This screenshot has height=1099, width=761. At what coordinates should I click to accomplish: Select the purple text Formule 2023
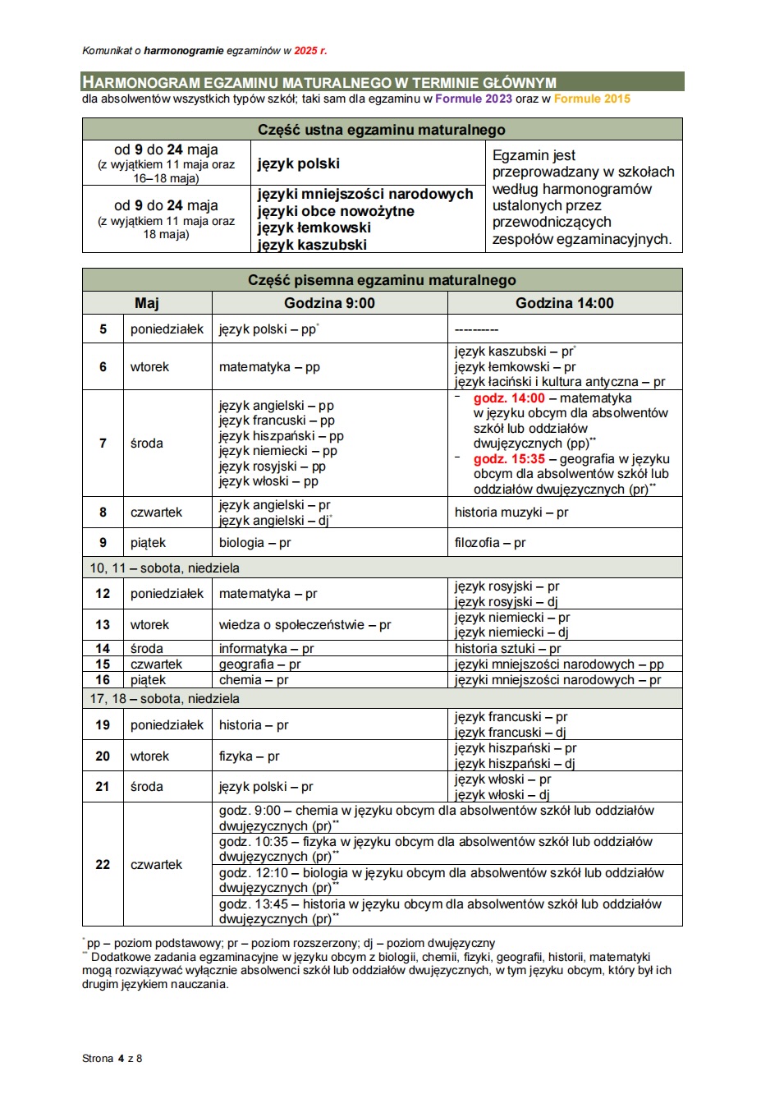[x=474, y=99]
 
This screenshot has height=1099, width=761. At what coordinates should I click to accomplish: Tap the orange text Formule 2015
[x=592, y=99]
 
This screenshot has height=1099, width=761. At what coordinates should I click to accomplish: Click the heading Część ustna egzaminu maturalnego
[x=382, y=130]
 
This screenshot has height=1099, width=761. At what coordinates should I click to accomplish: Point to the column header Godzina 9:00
[x=329, y=303]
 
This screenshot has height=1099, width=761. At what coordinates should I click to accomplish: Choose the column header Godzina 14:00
[x=565, y=303]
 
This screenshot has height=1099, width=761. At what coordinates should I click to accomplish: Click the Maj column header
[x=147, y=303]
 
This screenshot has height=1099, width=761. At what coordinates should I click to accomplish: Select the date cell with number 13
[x=103, y=625]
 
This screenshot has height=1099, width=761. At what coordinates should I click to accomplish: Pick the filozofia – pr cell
[x=490, y=543]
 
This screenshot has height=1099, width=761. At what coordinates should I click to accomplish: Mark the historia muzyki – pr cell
[x=511, y=513]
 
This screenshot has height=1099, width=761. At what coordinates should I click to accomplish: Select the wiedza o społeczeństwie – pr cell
[x=305, y=625]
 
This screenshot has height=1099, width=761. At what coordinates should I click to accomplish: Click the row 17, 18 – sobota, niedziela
[x=165, y=699]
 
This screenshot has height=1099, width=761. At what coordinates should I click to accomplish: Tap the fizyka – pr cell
[x=249, y=756]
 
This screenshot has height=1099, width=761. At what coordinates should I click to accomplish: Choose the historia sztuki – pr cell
[x=507, y=649]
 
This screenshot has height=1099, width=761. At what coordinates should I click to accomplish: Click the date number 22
[x=103, y=865]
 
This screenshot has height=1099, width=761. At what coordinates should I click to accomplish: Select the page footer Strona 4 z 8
[x=112, y=1059]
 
